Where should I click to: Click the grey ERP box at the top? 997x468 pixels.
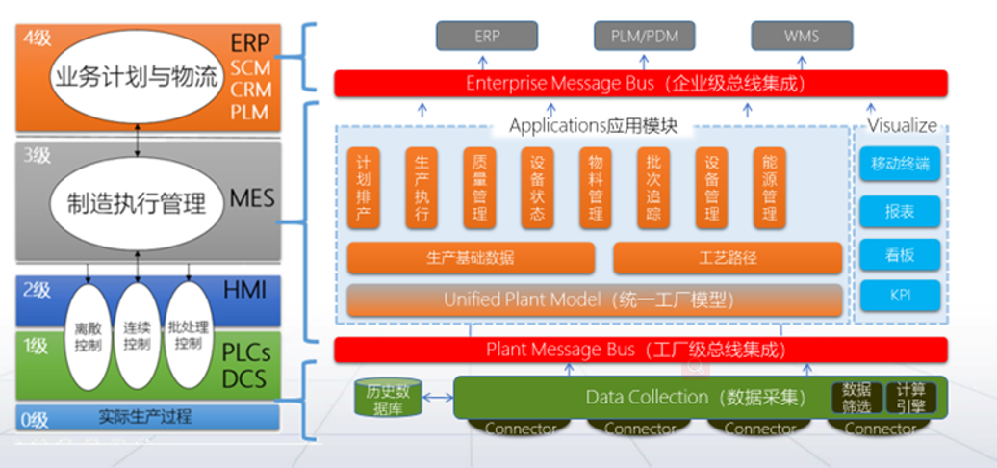click(487, 37)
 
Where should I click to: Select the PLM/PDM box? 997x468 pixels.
click(645, 37)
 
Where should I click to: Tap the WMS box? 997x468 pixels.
click(801, 37)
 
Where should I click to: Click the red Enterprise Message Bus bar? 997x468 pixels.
click(640, 84)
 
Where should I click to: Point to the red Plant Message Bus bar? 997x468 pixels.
click(640, 349)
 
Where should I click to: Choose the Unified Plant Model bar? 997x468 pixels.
click(594, 299)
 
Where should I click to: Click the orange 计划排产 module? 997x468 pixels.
click(362, 187)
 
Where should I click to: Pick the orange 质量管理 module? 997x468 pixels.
click(478, 187)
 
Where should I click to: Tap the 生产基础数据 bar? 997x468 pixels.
click(471, 258)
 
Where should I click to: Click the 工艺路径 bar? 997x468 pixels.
click(728, 258)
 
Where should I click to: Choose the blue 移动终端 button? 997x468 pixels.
click(900, 164)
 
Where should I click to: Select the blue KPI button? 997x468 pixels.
click(900, 295)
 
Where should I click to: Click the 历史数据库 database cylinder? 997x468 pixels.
click(388, 398)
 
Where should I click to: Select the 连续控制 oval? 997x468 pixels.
click(138, 336)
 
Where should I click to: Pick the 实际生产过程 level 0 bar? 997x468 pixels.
click(145, 417)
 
